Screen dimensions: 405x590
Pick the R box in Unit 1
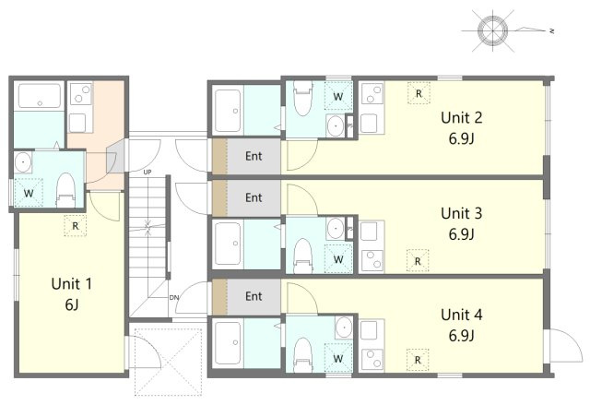click(x=75, y=225)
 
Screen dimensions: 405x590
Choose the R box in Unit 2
click(x=419, y=93)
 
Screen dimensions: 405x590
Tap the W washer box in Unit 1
click(x=29, y=193)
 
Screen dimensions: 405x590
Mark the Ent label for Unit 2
click(x=254, y=156)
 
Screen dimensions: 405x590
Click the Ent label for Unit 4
click(x=254, y=296)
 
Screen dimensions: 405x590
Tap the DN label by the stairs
click(x=174, y=297)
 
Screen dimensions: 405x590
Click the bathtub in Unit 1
click(x=39, y=99)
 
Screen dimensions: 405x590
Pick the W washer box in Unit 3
click(x=338, y=259)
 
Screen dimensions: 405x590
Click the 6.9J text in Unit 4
click(x=462, y=335)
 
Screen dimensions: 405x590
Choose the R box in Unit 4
click(x=419, y=359)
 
